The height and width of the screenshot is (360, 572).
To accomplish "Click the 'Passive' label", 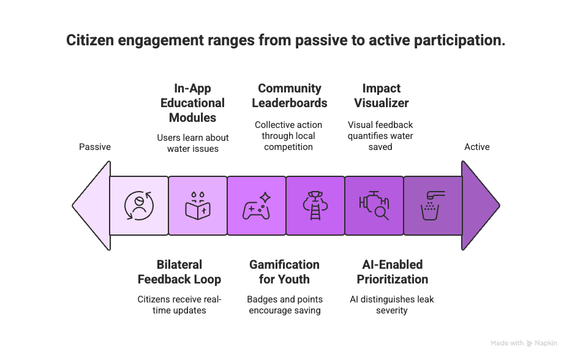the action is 95,147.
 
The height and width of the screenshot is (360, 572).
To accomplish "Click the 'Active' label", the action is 477,147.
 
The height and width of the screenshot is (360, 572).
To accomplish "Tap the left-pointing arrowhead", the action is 92,206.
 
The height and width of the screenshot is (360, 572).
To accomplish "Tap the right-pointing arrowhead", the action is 480,206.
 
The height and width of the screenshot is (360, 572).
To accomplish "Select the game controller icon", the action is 257,206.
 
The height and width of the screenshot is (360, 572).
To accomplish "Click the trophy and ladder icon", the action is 315,206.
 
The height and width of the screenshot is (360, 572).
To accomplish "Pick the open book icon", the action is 198,206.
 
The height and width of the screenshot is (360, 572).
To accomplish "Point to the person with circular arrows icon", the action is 139,206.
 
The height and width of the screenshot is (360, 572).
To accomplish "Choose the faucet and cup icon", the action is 432,206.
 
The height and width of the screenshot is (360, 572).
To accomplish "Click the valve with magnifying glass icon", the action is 374,206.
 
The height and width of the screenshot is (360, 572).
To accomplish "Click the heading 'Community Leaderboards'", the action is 289,96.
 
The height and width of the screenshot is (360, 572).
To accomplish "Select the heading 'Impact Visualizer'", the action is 381,96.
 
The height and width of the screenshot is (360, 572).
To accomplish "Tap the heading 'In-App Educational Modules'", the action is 193,103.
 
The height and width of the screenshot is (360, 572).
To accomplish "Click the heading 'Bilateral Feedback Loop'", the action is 179,272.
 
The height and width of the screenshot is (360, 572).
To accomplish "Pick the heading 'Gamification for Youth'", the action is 285,272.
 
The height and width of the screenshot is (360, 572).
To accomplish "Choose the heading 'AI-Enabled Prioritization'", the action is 392,272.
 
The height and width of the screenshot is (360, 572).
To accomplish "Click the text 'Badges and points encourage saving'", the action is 285,305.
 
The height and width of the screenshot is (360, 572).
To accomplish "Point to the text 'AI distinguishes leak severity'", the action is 392,305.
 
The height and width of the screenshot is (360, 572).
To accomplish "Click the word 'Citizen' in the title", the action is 90,40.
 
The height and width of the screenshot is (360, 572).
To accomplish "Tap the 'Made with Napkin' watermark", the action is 524,343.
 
